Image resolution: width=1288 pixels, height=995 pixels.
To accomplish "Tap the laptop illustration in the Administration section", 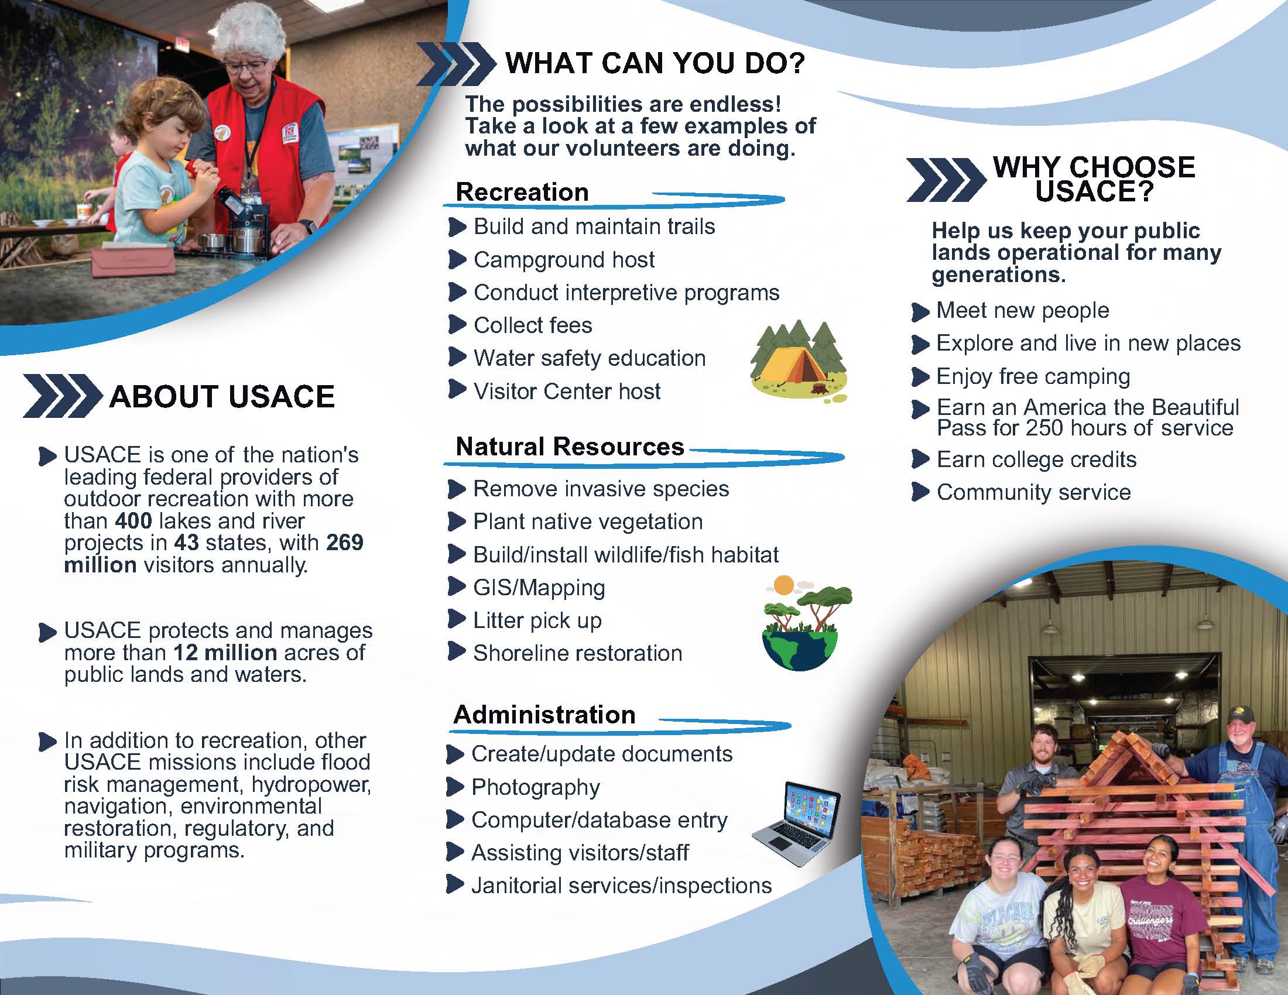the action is tap(796, 823).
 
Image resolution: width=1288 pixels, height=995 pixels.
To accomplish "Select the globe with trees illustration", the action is tap(806, 624).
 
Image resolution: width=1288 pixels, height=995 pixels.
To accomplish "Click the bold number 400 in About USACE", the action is tap(134, 521).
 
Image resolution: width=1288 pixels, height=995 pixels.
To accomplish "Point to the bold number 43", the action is tap(186, 543).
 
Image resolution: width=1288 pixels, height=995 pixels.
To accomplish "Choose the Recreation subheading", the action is tap(522, 192).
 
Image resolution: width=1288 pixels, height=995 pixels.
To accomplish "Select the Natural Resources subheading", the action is tap(570, 447).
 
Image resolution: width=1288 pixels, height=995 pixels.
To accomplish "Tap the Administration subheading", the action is tap(544, 715).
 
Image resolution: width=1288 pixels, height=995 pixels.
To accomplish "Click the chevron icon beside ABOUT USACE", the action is tap(61, 396).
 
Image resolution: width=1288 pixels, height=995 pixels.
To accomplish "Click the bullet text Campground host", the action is tap(564, 260).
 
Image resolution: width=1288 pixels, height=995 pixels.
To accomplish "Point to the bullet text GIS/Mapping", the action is tap(539, 588).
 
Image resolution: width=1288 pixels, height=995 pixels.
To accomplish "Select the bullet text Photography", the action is tap(536, 787).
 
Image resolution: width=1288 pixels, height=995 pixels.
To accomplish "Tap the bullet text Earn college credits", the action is tap(1036, 460).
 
